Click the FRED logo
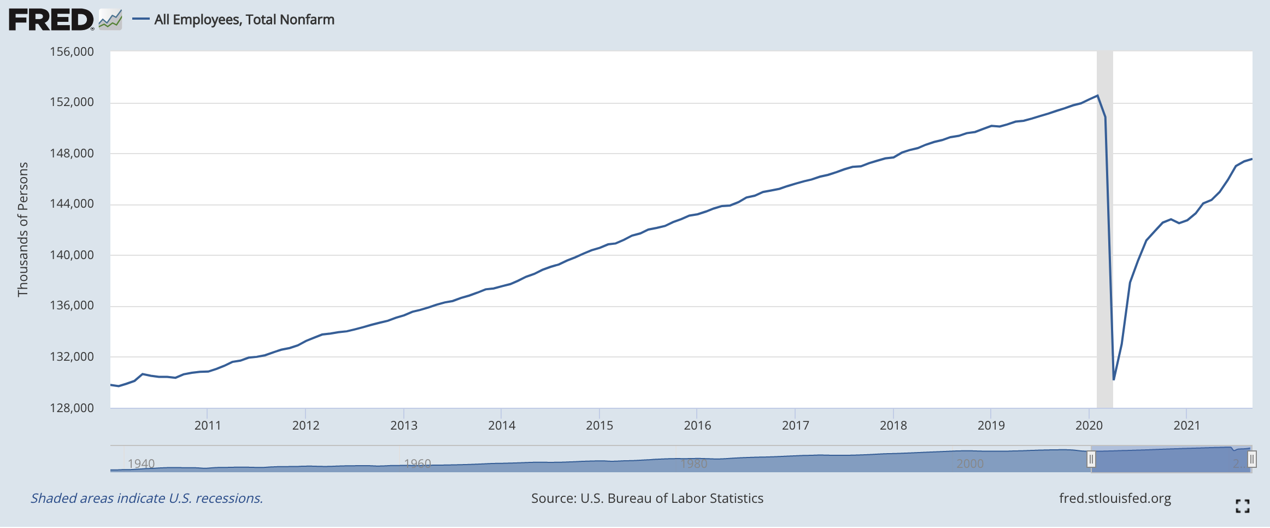(52, 20)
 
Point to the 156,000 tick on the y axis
(72, 52)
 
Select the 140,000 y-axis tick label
(72, 255)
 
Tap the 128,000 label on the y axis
(72, 408)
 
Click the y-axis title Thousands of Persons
(22, 230)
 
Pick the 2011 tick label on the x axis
(208, 425)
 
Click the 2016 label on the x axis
(697, 425)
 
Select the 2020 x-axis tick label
(1089, 425)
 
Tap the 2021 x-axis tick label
(1186, 425)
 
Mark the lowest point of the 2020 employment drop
(1114, 379)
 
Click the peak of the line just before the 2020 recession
(1097, 96)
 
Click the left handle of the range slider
(1091, 459)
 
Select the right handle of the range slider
(1251, 459)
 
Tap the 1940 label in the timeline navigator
(141, 464)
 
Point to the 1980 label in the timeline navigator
(694, 464)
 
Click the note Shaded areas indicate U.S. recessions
(146, 498)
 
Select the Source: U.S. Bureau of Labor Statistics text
(647, 498)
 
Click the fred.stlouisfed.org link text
(1115, 498)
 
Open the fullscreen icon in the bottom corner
(1242, 506)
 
